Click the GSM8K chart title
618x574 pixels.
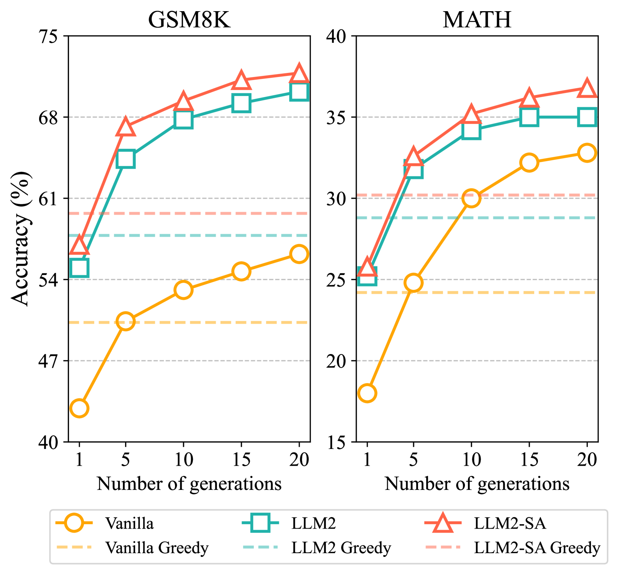pos(189,20)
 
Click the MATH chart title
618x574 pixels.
pos(477,20)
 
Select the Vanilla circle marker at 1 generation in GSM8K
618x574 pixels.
pos(79,408)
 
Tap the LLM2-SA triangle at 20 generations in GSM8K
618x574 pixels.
pos(299,74)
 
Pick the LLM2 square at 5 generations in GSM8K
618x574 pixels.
pos(125,159)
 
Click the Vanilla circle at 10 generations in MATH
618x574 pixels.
pos(471,198)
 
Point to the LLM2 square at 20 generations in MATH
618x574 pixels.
pos(587,117)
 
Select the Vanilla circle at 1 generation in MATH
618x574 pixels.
pos(367,393)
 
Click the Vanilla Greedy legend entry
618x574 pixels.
pos(132,548)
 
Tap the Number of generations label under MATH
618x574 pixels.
pos(477,484)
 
